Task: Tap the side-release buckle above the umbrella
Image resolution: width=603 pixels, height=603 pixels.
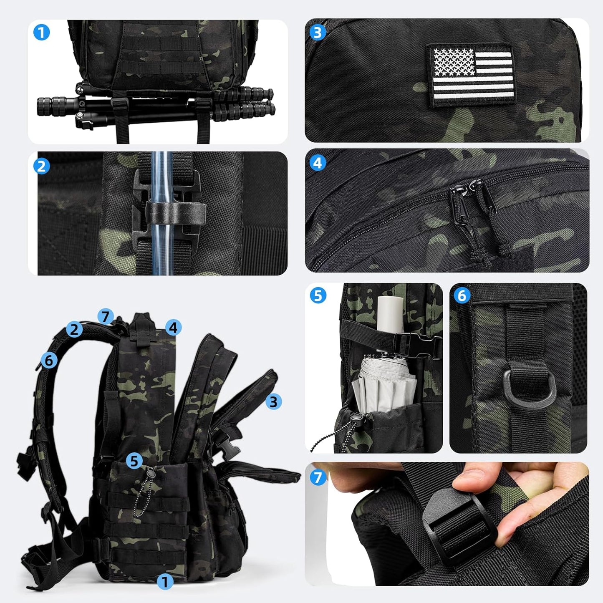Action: (x=416, y=346)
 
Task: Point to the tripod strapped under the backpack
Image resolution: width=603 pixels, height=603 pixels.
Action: (x=156, y=106)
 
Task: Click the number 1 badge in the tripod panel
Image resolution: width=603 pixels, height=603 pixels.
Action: (x=42, y=32)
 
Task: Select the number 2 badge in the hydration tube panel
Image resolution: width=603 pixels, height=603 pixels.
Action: (x=42, y=166)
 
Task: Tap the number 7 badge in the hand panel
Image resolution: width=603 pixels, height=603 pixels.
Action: (x=318, y=477)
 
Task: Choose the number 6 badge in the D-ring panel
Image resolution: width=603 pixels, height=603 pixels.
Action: (x=462, y=295)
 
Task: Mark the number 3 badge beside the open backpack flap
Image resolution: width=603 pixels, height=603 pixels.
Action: (x=273, y=401)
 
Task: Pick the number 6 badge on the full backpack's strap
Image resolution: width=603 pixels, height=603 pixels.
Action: (x=49, y=361)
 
